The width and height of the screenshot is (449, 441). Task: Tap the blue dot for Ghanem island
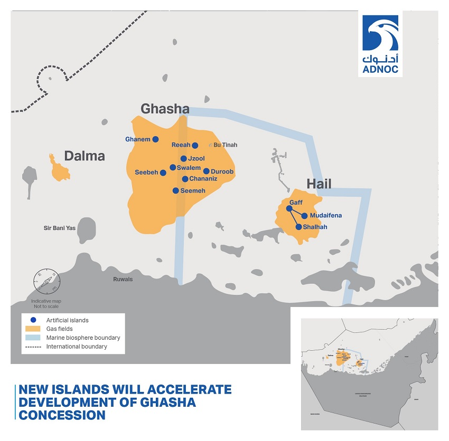pos(155,139)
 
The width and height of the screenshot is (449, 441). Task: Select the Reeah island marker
pos(195,146)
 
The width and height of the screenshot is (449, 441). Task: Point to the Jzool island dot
pos(183,158)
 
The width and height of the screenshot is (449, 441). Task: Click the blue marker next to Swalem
pos(173,167)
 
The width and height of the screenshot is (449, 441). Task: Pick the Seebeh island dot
pos(163,172)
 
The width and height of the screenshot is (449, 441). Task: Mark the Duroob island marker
pos(207,171)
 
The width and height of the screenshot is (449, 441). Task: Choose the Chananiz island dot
pos(185,179)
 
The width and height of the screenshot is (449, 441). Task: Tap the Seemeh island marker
pos(176,190)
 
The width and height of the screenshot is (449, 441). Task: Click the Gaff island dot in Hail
pos(289,208)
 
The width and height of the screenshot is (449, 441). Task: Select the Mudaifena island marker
pos(305,215)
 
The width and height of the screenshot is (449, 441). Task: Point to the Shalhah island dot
pos(298,227)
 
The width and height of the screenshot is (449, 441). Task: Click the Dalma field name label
pos(85,156)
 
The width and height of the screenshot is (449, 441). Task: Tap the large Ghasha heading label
pos(164,109)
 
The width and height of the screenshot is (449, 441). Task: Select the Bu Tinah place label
pos(225,145)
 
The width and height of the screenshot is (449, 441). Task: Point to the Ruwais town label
pos(123,280)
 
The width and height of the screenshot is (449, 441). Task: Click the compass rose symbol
pos(44,282)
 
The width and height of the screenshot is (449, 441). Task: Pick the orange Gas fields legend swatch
pos(33,329)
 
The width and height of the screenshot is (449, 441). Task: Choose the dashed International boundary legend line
pos(33,347)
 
